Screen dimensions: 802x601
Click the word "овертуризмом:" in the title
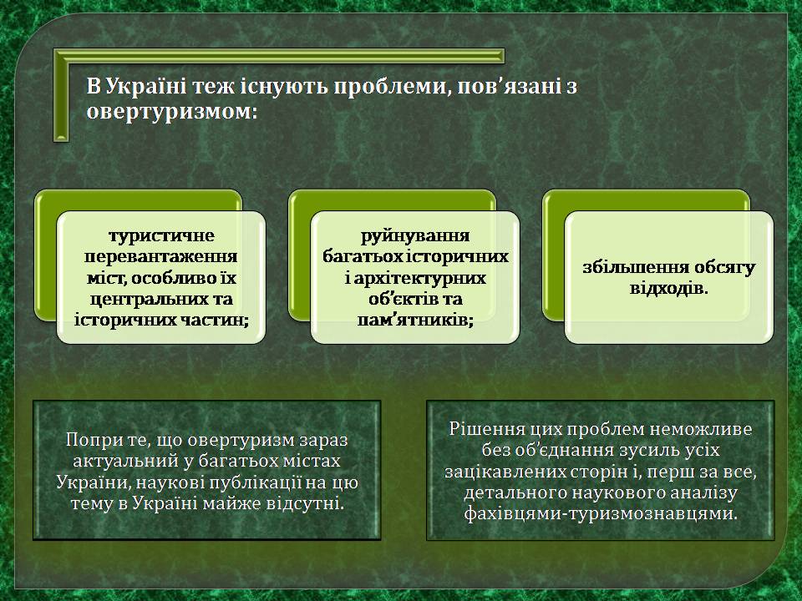tap(171, 112)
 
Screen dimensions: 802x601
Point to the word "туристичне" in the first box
tap(161, 235)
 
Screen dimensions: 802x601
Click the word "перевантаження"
tap(160, 256)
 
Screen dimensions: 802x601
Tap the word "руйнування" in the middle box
tap(415, 235)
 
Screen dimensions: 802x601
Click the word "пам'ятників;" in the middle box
tap(415, 320)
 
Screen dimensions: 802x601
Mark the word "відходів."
tap(669, 288)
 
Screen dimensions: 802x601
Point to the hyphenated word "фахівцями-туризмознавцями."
tap(601, 513)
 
